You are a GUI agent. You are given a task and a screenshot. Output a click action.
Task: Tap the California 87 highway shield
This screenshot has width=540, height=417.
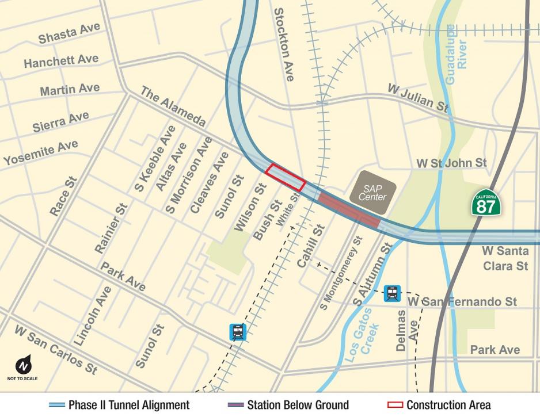(485, 202)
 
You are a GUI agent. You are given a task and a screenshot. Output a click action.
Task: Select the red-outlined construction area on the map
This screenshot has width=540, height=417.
(285, 177)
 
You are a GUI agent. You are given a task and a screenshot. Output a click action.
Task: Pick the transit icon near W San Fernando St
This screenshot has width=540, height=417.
(392, 293)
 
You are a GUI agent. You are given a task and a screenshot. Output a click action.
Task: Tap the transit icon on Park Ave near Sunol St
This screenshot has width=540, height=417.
(238, 331)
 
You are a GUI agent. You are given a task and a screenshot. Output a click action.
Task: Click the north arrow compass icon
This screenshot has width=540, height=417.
(24, 366)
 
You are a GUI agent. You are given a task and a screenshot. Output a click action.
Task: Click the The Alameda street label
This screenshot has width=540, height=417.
(173, 107)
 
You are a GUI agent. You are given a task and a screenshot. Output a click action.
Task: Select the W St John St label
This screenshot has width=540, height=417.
(451, 163)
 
